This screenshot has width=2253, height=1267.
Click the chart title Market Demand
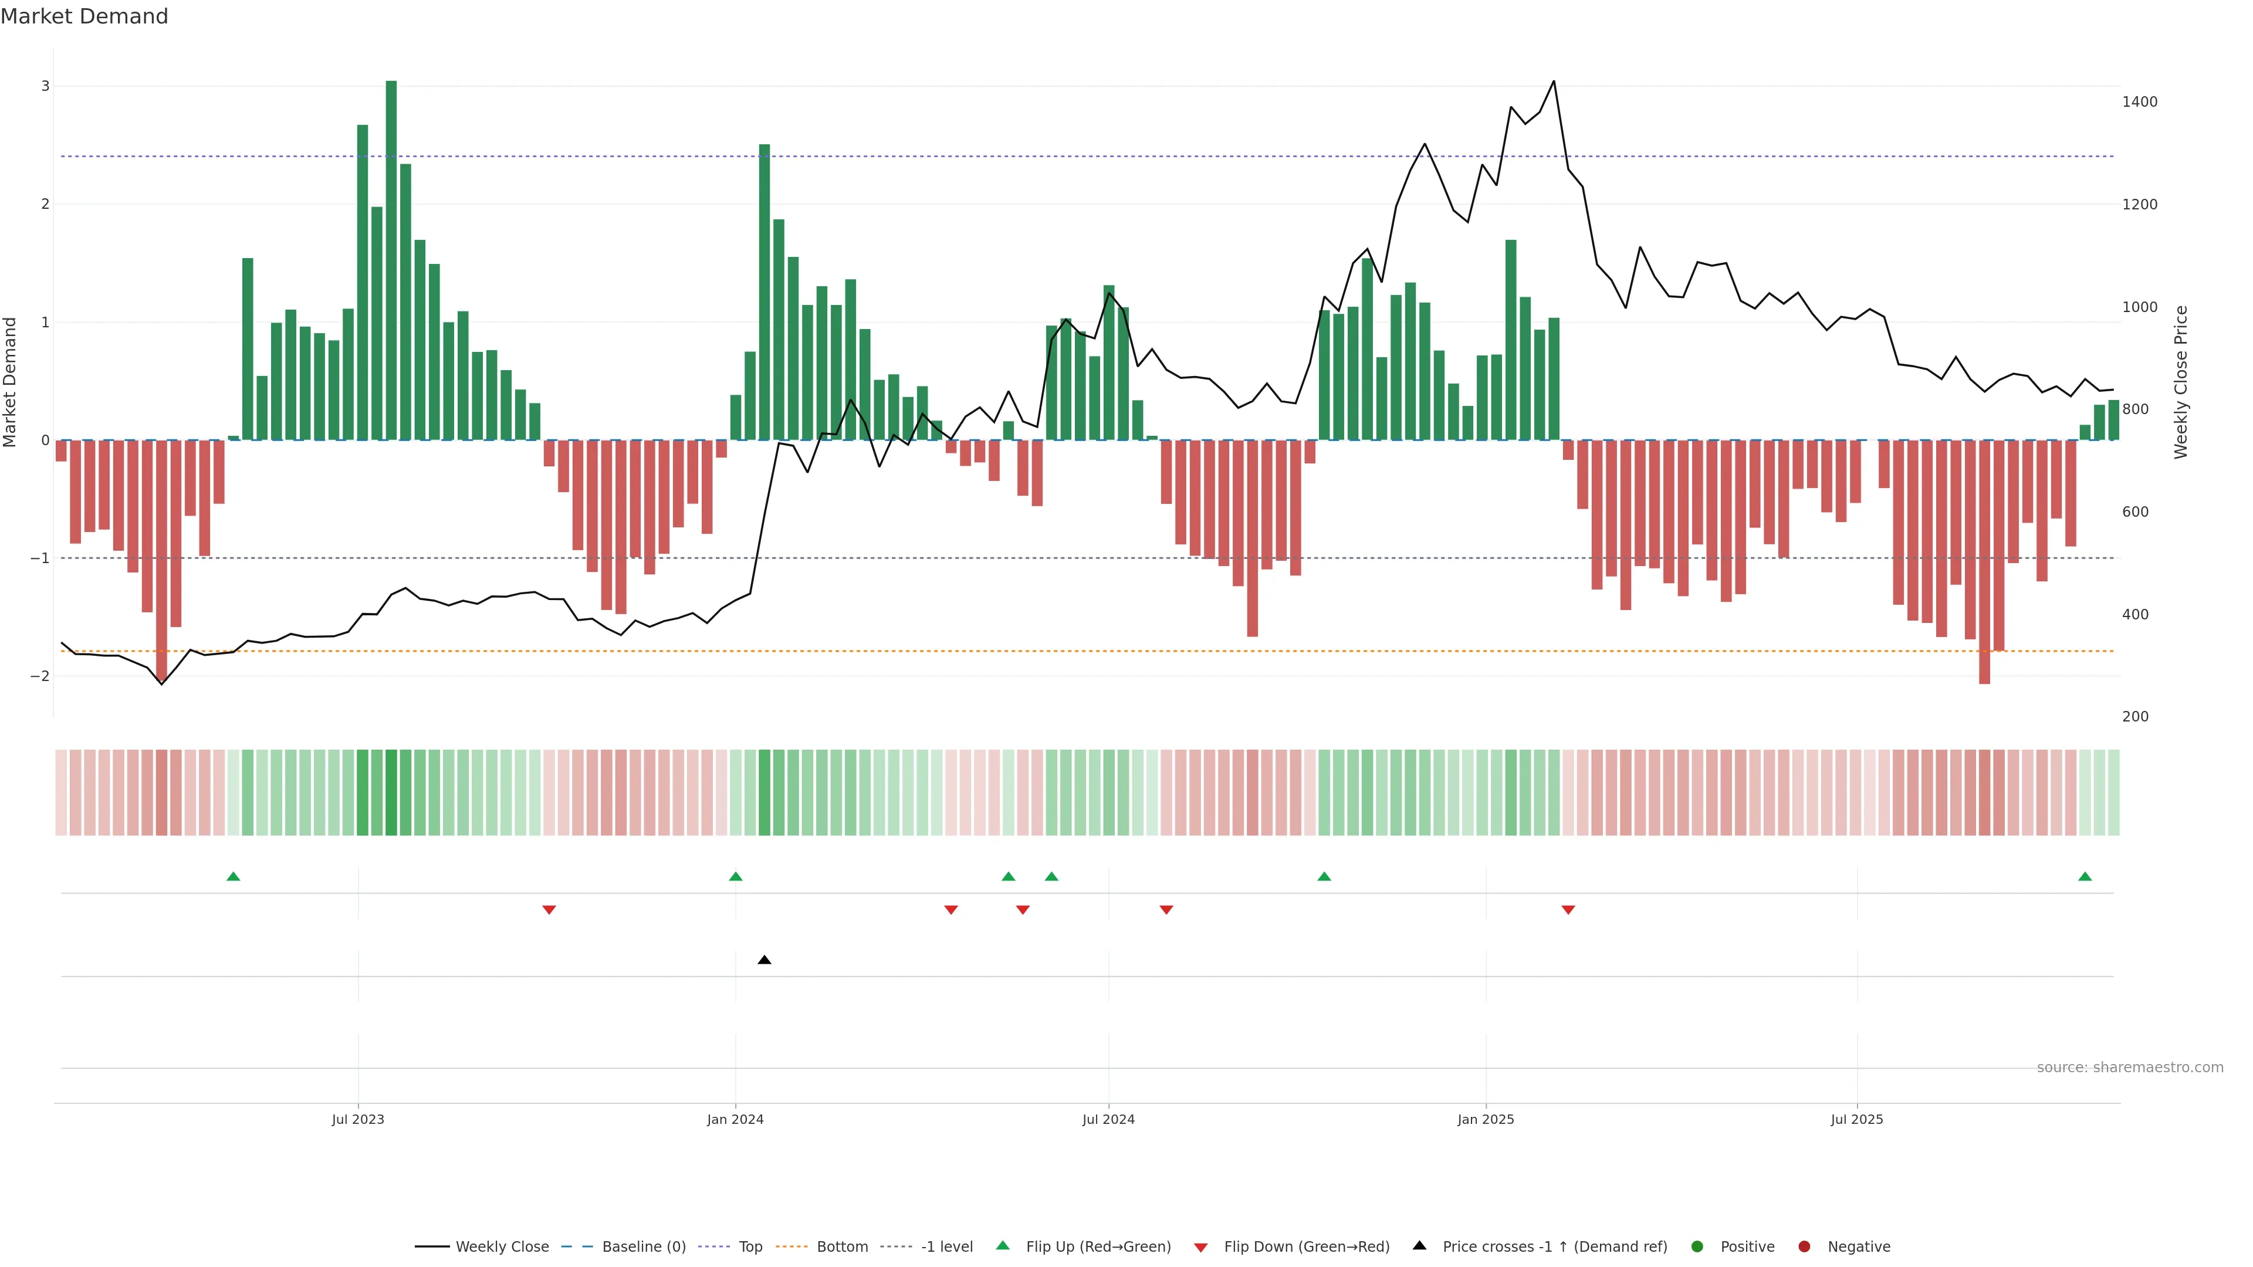pyautogui.click(x=84, y=16)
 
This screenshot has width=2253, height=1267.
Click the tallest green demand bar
pyautogui.click(x=391, y=260)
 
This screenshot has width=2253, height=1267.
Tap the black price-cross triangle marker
pyautogui.click(x=764, y=960)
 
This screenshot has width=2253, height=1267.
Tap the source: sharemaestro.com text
pyautogui.click(x=2130, y=1068)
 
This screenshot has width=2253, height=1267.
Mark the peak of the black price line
pyautogui.click(x=1553, y=82)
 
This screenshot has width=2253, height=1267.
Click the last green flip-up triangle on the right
pyautogui.click(x=2085, y=876)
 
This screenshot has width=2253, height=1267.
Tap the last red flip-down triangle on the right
pyautogui.click(x=1568, y=910)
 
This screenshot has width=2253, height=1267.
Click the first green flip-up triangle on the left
pyautogui.click(x=234, y=876)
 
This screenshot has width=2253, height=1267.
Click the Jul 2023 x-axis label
pyautogui.click(x=358, y=1119)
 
